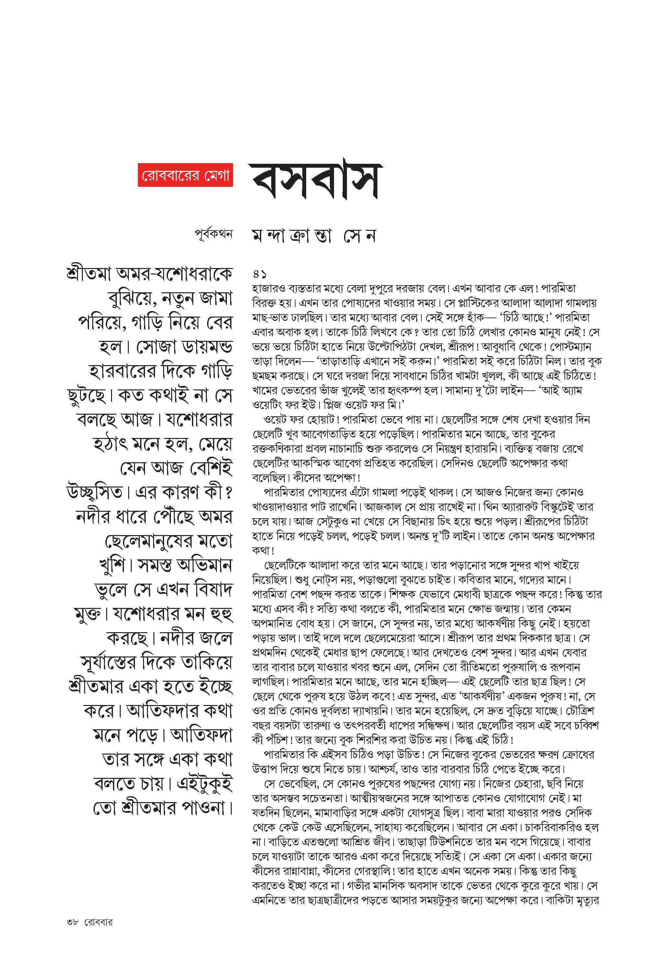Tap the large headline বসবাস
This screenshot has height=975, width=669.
click(316, 181)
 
